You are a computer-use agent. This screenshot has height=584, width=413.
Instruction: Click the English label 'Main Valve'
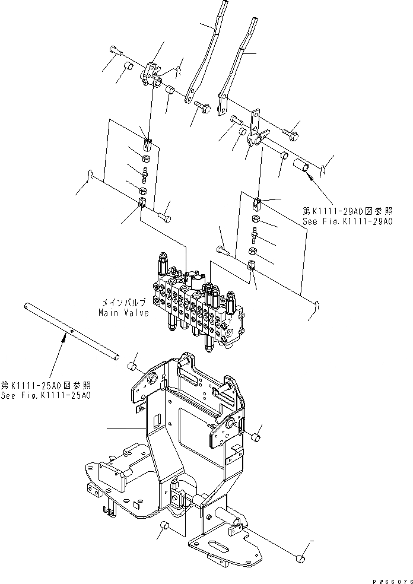(125, 313)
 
